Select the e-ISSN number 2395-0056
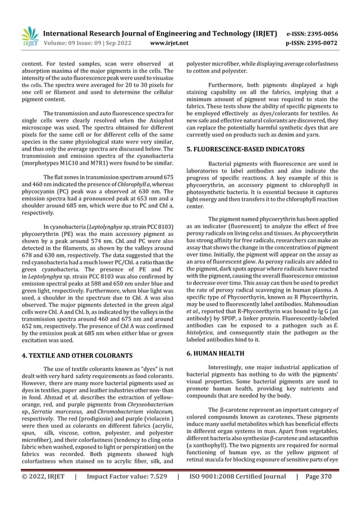coord(324,34)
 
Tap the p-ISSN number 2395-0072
coord(324,42)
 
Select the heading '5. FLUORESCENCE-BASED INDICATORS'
coord(245,150)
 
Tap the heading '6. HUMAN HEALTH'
coord(216,353)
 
